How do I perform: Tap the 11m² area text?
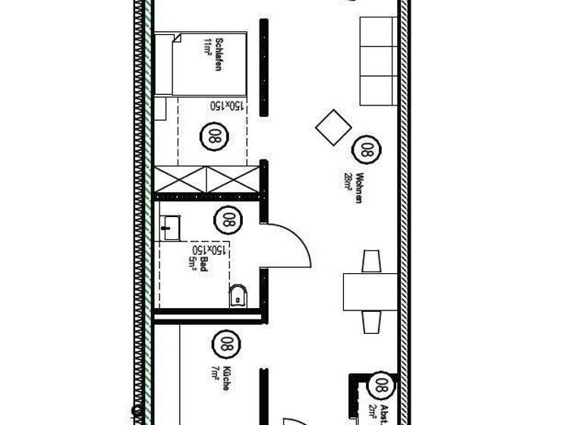(x=206, y=47)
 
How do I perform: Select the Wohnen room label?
(x=358, y=187)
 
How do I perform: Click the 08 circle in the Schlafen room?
(x=213, y=137)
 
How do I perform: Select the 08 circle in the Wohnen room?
(x=367, y=149)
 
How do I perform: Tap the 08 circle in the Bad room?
(x=227, y=220)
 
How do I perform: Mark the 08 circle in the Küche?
(x=225, y=343)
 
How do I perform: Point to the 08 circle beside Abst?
(x=382, y=385)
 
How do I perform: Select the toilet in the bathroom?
(x=238, y=295)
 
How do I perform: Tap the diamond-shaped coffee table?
(x=333, y=127)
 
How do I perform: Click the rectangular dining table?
(x=370, y=291)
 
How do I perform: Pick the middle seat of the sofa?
(x=378, y=61)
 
